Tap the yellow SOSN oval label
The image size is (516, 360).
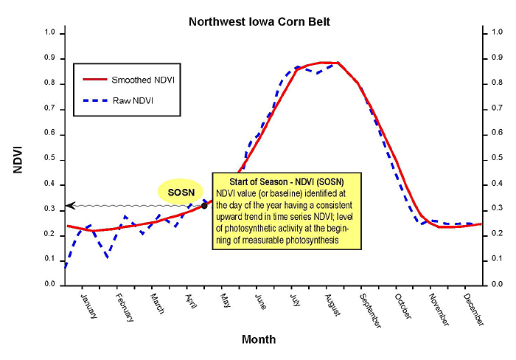click(x=180, y=191)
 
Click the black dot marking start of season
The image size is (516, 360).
click(x=204, y=205)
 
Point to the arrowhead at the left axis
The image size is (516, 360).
click(x=71, y=205)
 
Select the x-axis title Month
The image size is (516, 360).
click(x=259, y=339)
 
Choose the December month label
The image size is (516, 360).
click(x=473, y=307)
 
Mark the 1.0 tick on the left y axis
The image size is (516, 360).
click(x=49, y=33)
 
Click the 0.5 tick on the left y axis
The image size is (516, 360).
click(x=49, y=159)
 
